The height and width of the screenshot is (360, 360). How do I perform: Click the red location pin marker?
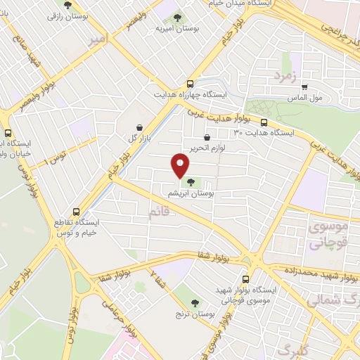point(181,165)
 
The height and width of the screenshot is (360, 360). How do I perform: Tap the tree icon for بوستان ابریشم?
point(191,183)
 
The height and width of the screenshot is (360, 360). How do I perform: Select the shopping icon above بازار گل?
point(140,127)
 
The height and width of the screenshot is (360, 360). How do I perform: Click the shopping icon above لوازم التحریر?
point(206,139)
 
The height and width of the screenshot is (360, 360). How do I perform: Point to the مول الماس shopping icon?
point(304,89)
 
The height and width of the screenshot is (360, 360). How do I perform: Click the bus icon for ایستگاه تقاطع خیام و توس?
point(77,212)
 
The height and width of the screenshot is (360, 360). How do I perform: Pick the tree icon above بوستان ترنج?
point(195,302)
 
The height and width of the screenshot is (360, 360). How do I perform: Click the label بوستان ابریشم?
point(191,192)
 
